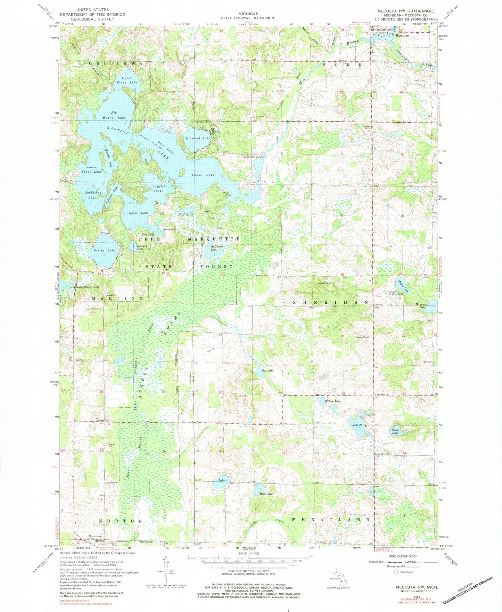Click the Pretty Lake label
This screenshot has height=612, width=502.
tap(107, 250)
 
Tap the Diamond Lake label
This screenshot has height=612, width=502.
tap(198, 138)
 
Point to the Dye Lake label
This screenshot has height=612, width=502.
tap(268, 371)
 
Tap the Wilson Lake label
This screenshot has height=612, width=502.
tap(333, 401)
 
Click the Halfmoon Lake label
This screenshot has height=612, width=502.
tap(214, 248)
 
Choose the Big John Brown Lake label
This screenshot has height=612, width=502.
tap(85, 287)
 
